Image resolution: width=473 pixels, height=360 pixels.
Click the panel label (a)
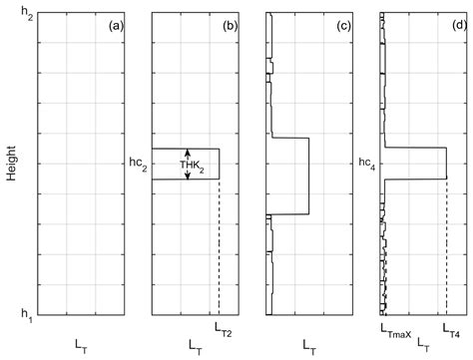pyautogui.click(x=115, y=25)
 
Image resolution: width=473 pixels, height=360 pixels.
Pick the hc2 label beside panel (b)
pyautogui.click(x=139, y=165)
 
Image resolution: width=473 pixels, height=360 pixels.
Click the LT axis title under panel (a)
pyautogui.click(x=81, y=343)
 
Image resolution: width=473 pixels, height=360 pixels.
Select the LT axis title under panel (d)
pyautogui.click(x=422, y=343)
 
